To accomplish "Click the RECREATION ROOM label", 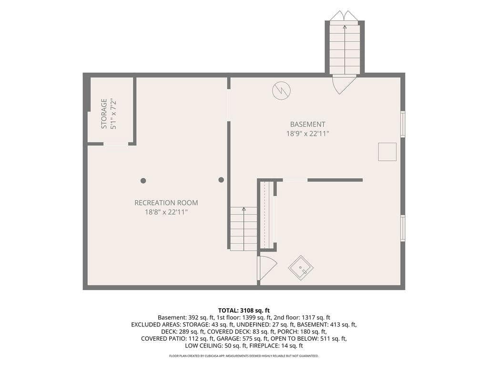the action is click(x=166, y=203).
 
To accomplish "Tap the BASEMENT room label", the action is click(x=307, y=124).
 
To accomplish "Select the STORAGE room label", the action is click(x=104, y=113).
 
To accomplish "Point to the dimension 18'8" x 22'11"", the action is click(x=166, y=212).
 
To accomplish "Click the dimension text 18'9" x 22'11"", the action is click(x=307, y=133).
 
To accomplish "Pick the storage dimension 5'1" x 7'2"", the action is click(x=113, y=114).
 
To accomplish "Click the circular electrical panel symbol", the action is click(x=281, y=91).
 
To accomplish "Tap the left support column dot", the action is click(x=143, y=181).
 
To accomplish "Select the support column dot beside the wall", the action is click(x=221, y=180).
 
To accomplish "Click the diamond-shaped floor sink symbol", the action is click(x=301, y=268).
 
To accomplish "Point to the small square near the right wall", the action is click(x=387, y=152).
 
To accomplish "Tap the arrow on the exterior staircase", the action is click(x=345, y=50).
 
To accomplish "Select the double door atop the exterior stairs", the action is click(x=345, y=15).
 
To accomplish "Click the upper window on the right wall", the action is click(x=403, y=124).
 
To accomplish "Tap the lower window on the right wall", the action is click(x=403, y=228).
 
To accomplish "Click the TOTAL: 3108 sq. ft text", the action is click(x=244, y=310).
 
